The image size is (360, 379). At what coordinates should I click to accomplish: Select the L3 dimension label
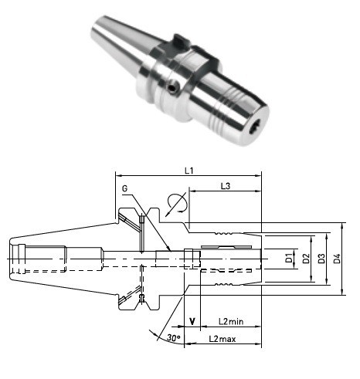pyautogui.click(x=226, y=186)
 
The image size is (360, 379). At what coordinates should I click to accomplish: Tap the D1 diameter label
pyautogui.click(x=289, y=258)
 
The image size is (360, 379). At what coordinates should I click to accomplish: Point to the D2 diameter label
pyautogui.click(x=307, y=258)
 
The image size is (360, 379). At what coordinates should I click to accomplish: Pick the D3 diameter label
pyautogui.click(x=323, y=258)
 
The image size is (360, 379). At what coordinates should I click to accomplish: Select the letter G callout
pyautogui.click(x=125, y=188)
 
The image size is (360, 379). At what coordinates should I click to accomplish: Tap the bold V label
pyautogui.click(x=191, y=321)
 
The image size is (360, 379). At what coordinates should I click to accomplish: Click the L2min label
pyautogui.click(x=231, y=321)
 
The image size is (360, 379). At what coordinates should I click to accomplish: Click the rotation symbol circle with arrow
pyautogui.click(x=176, y=203)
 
